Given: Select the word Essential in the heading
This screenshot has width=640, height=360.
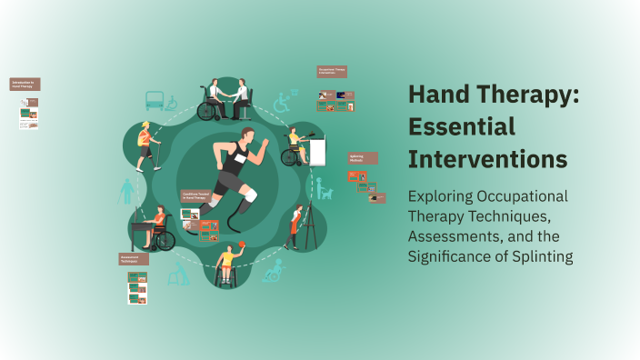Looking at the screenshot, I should tap(462, 127).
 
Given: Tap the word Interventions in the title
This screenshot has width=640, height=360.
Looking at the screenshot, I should tap(488, 158).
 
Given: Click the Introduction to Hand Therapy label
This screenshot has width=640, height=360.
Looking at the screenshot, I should tap(25, 84).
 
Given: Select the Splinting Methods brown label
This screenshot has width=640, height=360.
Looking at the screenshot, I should tap(361, 158).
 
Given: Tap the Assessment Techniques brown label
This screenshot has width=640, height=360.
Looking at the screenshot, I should tap(134, 259).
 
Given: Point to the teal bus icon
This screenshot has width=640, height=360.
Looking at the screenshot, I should tap(155, 100).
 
